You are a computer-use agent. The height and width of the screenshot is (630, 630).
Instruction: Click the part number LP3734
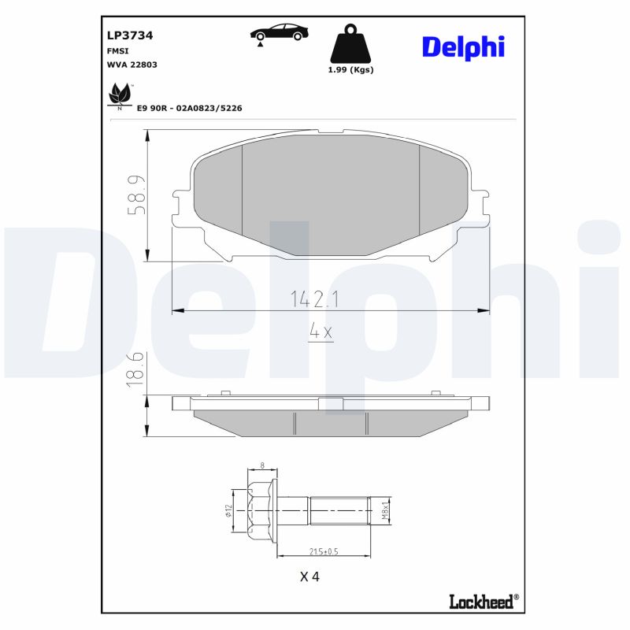(129, 35)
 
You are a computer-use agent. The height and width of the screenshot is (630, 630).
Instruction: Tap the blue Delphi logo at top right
(462, 46)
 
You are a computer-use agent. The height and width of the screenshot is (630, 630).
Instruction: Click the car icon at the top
(279, 32)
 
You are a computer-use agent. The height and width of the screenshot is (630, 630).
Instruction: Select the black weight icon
(350, 46)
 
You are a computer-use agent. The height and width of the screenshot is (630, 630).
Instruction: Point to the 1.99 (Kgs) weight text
(350, 69)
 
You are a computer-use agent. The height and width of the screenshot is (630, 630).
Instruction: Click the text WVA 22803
(132, 65)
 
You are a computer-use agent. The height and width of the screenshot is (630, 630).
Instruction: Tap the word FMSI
(118, 50)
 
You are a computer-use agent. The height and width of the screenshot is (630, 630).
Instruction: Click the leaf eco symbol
(119, 94)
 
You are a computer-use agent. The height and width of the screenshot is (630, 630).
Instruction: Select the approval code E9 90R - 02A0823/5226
(189, 108)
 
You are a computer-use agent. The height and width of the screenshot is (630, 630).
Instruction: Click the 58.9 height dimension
(137, 195)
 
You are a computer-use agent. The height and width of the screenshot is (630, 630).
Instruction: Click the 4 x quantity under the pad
(321, 332)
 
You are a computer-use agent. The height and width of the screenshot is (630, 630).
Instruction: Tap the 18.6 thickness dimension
(136, 368)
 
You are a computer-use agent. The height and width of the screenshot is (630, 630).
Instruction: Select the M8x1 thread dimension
(385, 510)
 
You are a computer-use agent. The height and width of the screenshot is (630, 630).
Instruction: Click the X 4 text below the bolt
(309, 576)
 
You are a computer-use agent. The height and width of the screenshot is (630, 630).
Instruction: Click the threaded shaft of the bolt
(339, 510)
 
